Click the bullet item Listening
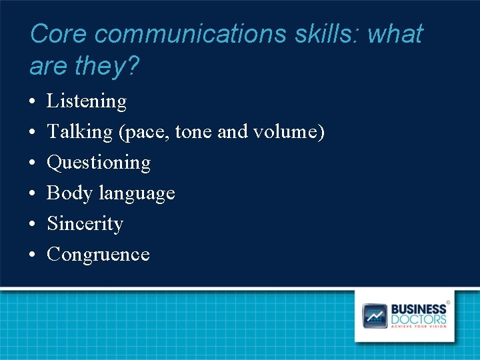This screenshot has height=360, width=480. point(87,101)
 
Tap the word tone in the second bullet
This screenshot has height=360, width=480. point(195,132)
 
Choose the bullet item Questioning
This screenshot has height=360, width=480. point(99,163)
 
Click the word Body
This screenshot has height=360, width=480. point(69,193)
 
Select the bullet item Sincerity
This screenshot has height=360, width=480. point(85,224)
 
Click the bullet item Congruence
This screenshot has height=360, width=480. point(98,255)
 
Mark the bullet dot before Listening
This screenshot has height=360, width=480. point(32,102)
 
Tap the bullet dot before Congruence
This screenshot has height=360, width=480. point(32,255)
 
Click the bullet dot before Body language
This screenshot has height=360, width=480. point(32,194)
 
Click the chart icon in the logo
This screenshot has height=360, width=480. point(375,315)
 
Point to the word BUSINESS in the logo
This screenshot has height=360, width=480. point(418,309)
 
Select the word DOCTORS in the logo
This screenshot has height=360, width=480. point(418,319)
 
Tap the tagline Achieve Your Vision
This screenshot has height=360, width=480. point(418,327)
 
